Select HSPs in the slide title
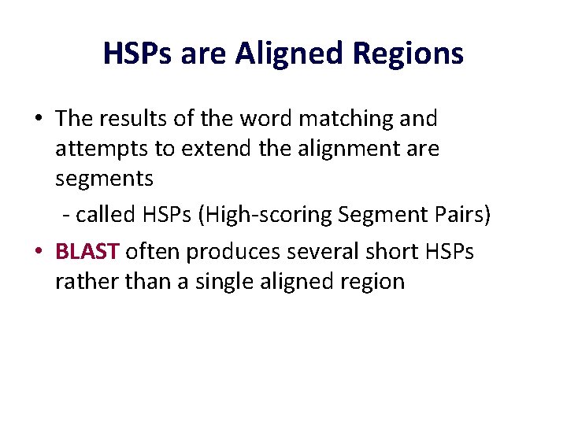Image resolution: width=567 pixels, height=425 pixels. pyautogui.click(x=136, y=54)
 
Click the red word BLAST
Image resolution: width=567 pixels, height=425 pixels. pyautogui.click(x=87, y=252)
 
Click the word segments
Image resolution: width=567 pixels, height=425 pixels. pyautogui.click(x=104, y=179)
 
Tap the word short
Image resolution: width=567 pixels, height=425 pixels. pyautogui.click(x=385, y=252)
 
